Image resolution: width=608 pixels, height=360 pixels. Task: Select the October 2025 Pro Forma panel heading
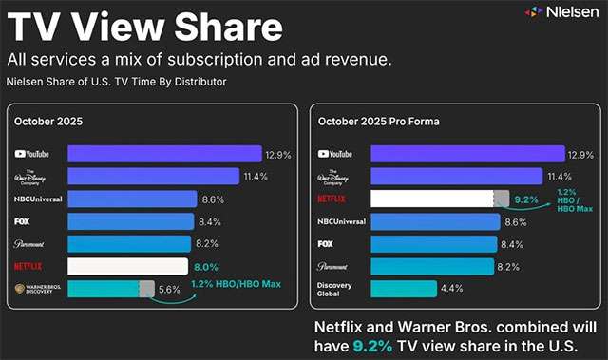372,121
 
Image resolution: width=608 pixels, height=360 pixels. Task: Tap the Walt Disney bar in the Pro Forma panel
446,177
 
